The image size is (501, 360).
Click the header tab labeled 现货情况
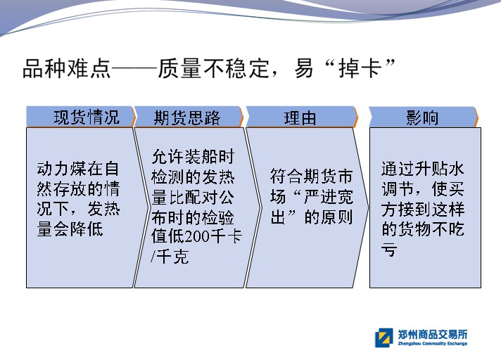coord(81,117)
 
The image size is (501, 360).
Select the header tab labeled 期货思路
coord(189,117)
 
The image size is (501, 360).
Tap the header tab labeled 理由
coord(302,117)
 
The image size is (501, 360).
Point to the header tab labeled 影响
coord(423,117)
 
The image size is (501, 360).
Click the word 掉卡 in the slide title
coord(360,69)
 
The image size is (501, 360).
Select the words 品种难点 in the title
coord(67,69)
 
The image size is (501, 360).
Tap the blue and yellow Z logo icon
coord(383,337)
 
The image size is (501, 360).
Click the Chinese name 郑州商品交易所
coord(433,334)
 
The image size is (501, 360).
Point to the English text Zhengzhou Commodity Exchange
coord(433,343)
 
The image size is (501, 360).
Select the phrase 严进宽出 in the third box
coord(312,197)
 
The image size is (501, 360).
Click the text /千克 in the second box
coord(170,257)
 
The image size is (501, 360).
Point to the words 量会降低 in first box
coord(70,229)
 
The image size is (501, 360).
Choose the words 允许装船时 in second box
coord(193,157)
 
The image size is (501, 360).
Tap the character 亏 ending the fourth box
coord(390,249)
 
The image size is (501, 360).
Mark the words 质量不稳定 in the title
coord(213,69)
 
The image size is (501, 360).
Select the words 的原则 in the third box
coord(328,217)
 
